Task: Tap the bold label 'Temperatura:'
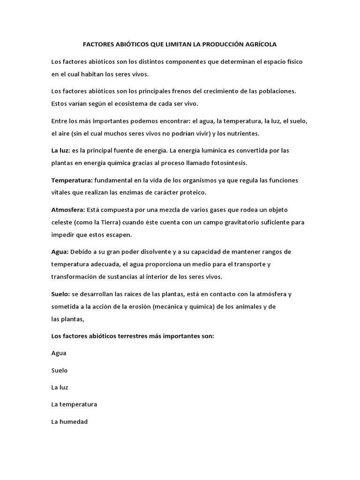72,180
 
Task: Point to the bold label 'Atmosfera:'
68,210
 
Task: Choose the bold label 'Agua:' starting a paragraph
60,252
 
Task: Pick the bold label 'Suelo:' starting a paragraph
60,294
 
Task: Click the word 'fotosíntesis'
228,163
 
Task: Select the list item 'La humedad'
69,421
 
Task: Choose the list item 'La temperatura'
74,404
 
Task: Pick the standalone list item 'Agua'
59,353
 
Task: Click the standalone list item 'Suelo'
60,370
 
